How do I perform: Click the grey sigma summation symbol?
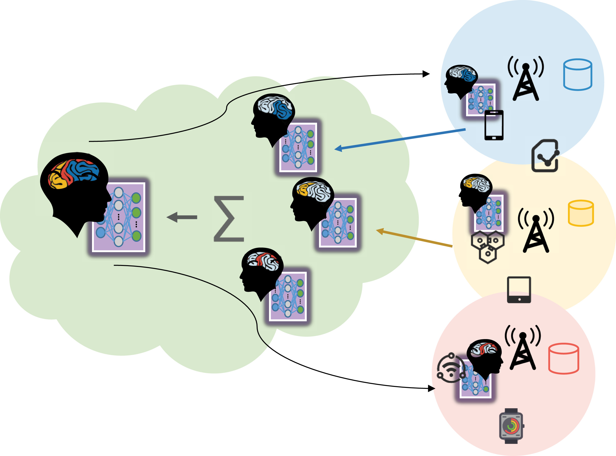[229, 219]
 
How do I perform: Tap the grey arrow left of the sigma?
[182, 217]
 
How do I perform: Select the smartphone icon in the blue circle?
[494, 125]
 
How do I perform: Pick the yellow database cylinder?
[581, 213]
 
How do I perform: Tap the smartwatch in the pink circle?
[511, 426]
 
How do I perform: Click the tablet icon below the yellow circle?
[519, 290]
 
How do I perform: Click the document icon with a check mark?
[545, 156]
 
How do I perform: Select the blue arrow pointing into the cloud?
[400, 139]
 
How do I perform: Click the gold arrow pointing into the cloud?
[414, 238]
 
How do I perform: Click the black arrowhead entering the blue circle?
[426, 74]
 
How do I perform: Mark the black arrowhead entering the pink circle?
[431, 388]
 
